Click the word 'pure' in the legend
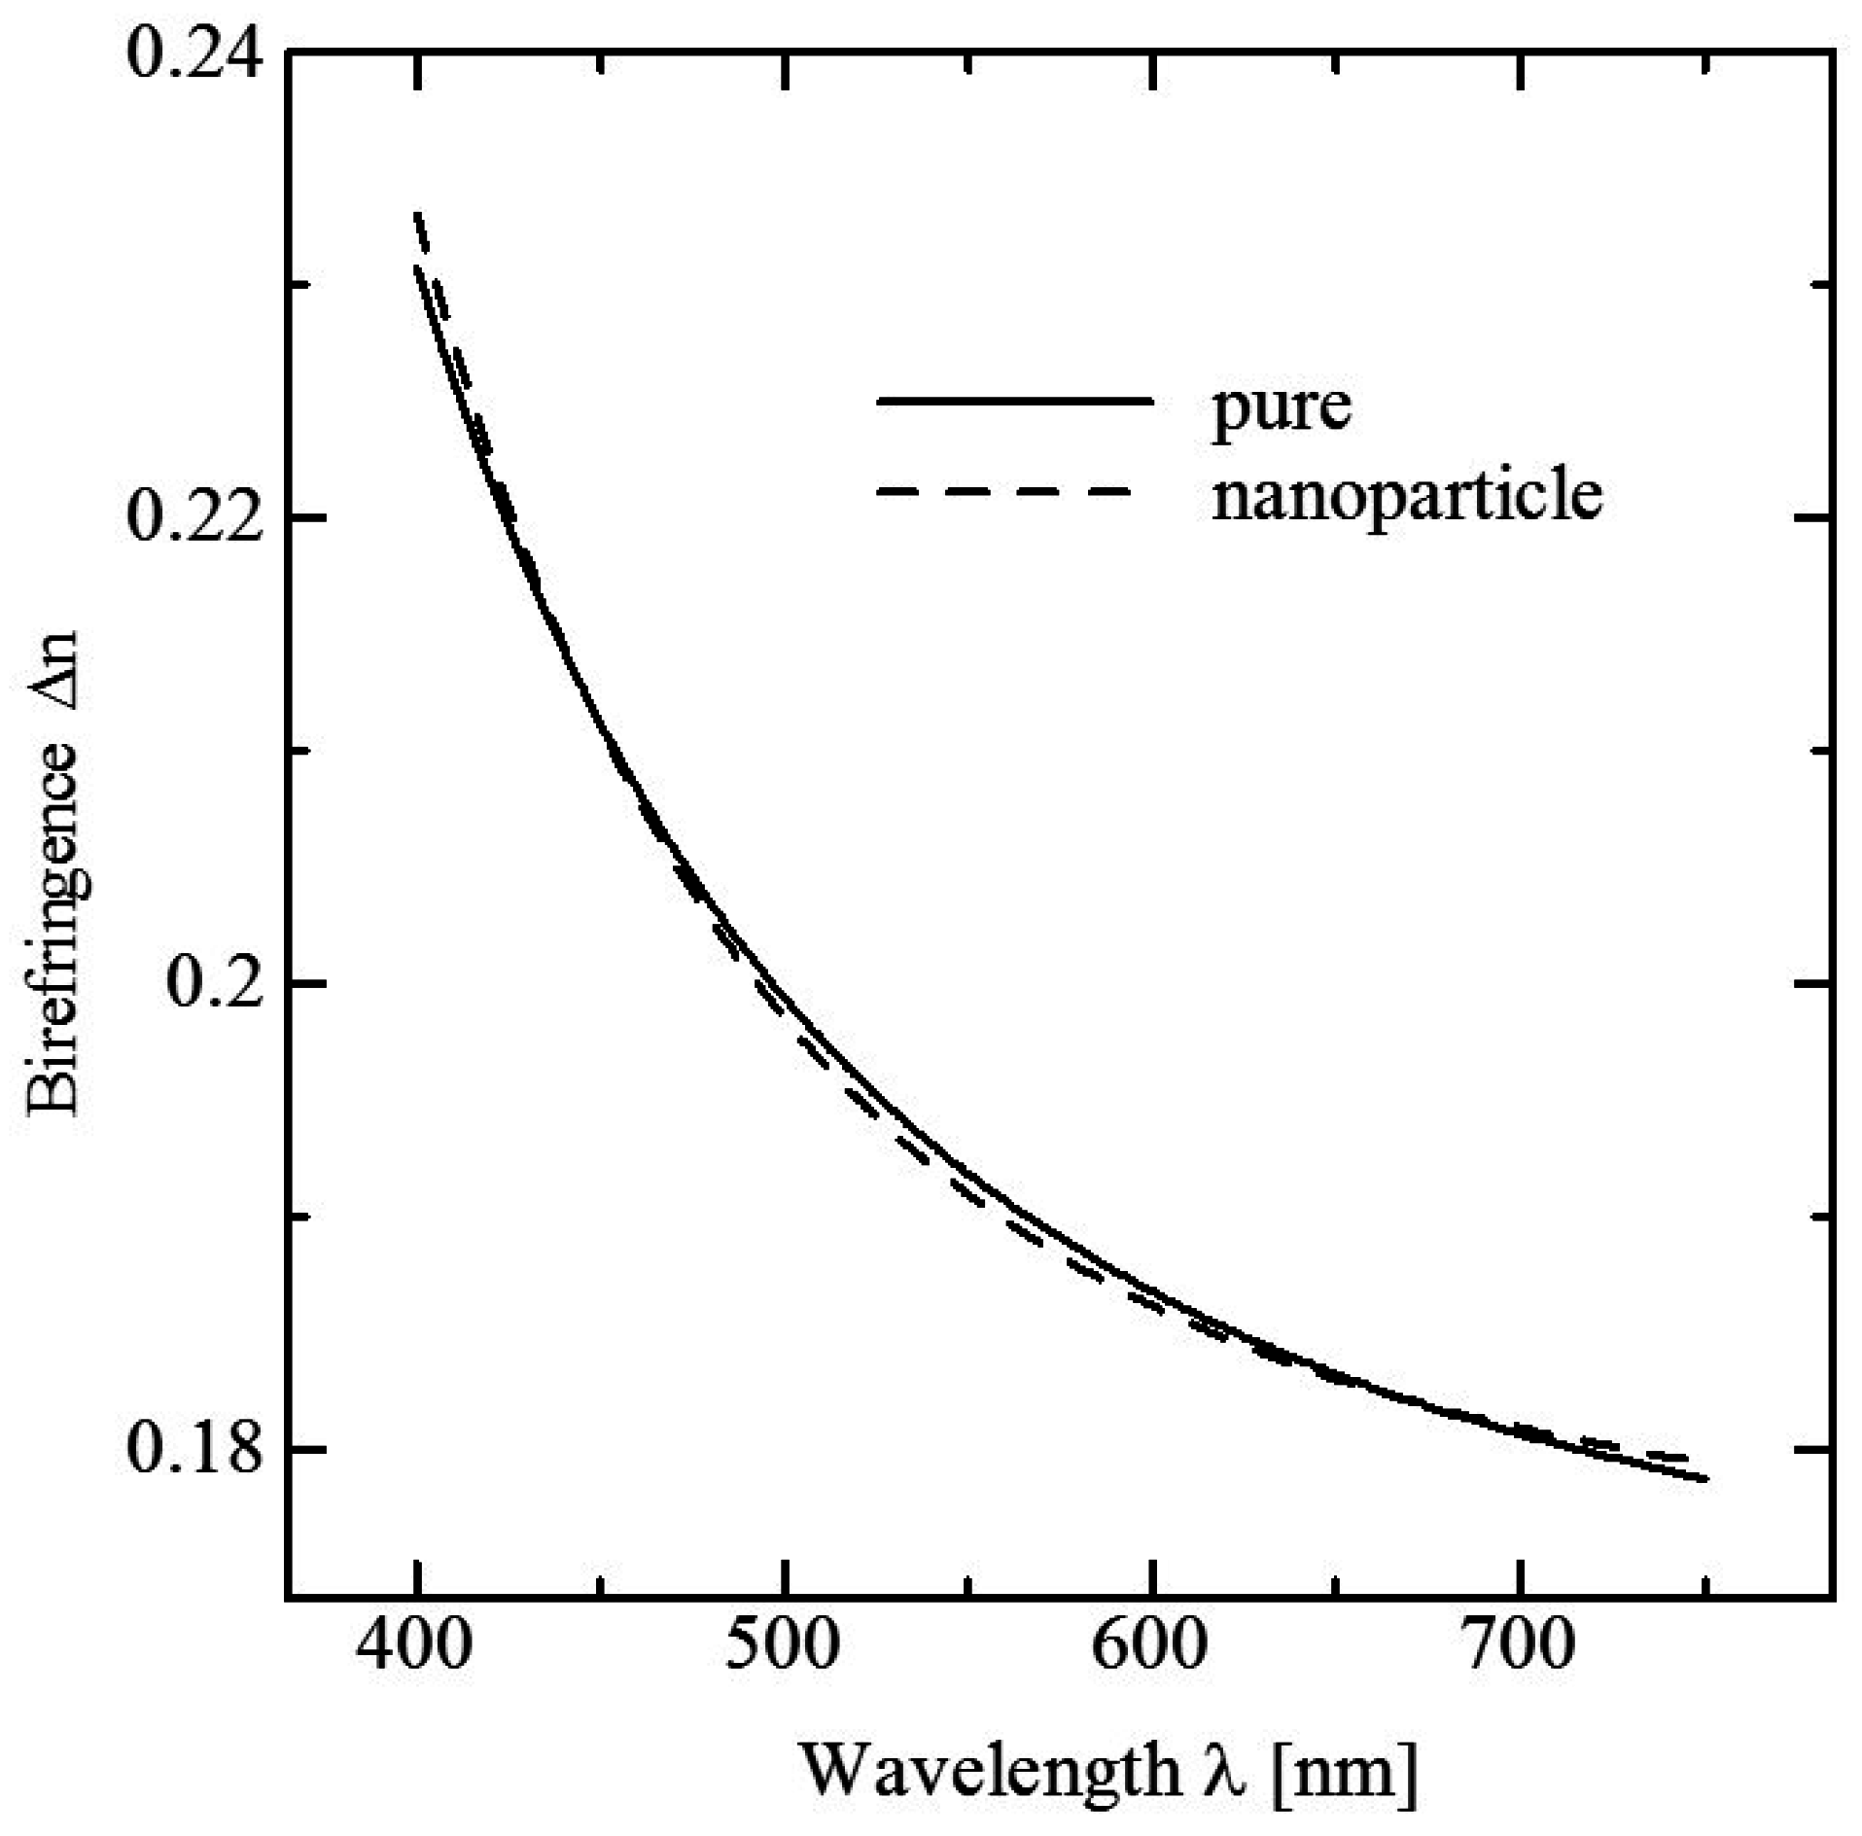(x=1281, y=408)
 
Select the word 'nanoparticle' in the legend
(x=1407, y=496)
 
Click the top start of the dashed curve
(x=417, y=213)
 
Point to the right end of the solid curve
(x=1705, y=1480)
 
